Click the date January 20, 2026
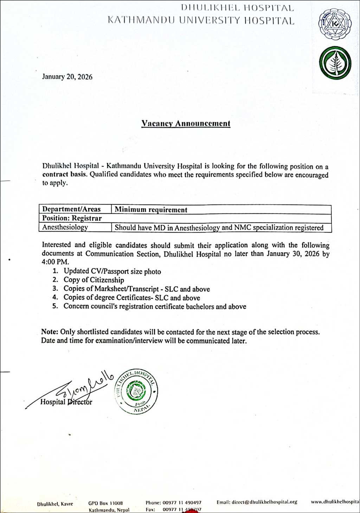pyautogui.click(x=67, y=77)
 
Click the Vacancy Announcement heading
pyautogui.click(x=186, y=124)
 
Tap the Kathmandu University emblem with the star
pyautogui.click(x=334, y=26)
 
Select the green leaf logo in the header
pyautogui.click(x=335, y=63)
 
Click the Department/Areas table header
pyautogui.click(x=71, y=209)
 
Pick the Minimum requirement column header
pyautogui.click(x=151, y=210)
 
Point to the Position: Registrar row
pyautogui.click(x=72, y=218)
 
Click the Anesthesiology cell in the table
pyautogui.click(x=65, y=227)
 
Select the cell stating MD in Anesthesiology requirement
pyautogui.click(x=219, y=228)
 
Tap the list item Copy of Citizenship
pyautogui.click(x=94, y=280)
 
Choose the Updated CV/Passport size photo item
pyautogui.click(x=112, y=272)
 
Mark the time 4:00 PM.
pyautogui.click(x=56, y=262)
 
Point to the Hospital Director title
pyautogui.click(x=66, y=402)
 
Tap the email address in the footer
pyautogui.click(x=257, y=502)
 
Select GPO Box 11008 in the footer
pyautogui.click(x=105, y=503)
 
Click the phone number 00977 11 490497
pyautogui.click(x=182, y=503)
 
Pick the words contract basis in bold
pyautogui.click(x=65, y=175)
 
